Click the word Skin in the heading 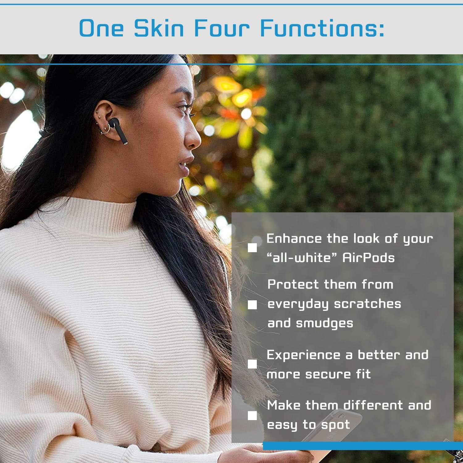click(159, 28)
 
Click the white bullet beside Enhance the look click(252, 248)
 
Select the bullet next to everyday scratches click(252, 305)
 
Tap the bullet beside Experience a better click(252, 364)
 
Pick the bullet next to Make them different click(252, 416)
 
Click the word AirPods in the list click(369, 257)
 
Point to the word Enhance click(294, 238)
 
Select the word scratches click(368, 304)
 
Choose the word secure click(328, 374)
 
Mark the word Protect click(293, 284)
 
